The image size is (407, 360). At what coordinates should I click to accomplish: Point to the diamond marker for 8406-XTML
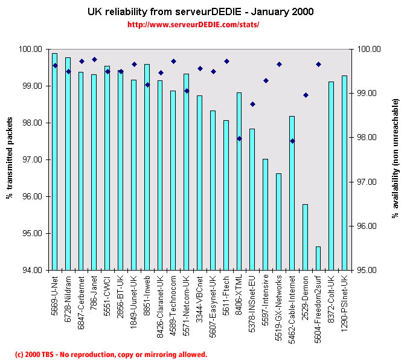[x=239, y=138]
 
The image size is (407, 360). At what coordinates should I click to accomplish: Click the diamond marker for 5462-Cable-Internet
[x=292, y=141]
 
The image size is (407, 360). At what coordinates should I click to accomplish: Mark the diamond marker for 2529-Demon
[x=306, y=95]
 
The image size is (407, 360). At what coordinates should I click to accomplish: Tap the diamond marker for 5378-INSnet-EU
[x=252, y=104]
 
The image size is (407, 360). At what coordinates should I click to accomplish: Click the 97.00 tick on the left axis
[x=33, y=159]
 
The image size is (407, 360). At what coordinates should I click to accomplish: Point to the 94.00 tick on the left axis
[x=33, y=270]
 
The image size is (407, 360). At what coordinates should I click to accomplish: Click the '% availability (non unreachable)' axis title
[x=396, y=158]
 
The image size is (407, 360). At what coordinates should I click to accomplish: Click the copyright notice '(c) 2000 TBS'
[x=111, y=354]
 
